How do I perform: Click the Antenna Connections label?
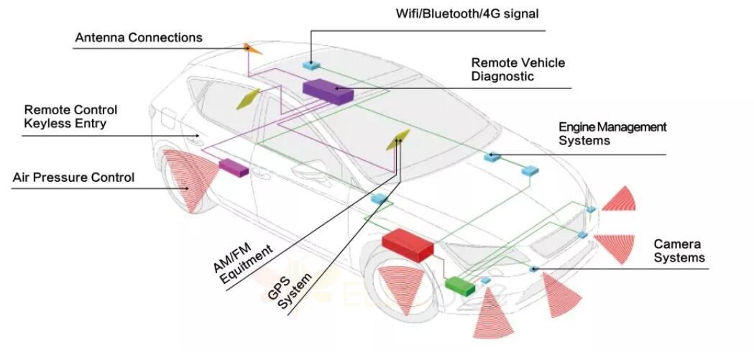139,37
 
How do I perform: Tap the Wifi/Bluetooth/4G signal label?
466,13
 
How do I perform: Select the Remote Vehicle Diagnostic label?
518,69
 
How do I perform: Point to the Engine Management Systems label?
612,134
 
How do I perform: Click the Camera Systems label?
679,251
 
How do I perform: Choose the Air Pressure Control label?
73,177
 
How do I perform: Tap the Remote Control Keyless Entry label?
70,116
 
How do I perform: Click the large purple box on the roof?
327,90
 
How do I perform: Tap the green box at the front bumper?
460,285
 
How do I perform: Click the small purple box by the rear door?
233,167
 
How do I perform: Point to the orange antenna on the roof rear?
252,49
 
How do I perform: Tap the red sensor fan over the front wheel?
403,287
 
